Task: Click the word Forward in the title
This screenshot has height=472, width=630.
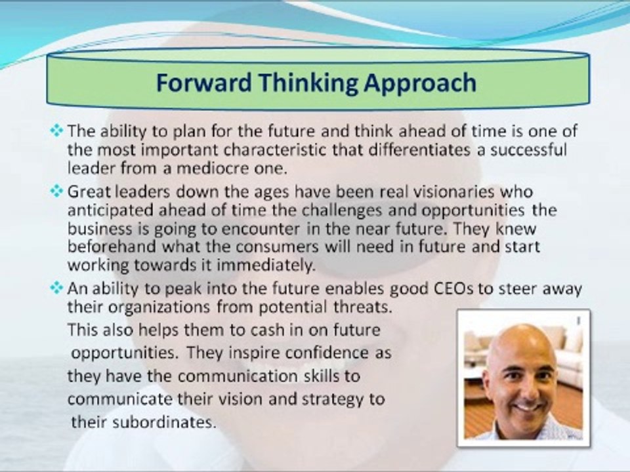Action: pyautogui.click(x=203, y=83)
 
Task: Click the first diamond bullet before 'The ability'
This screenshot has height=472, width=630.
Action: pyautogui.click(x=57, y=130)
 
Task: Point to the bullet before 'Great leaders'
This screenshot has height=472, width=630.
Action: pyautogui.click(x=57, y=191)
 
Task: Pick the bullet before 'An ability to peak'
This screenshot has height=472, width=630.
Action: pyautogui.click(x=57, y=288)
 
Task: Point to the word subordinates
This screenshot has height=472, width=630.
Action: pyautogui.click(x=164, y=422)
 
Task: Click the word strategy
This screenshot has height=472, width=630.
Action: pyautogui.click(x=329, y=400)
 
